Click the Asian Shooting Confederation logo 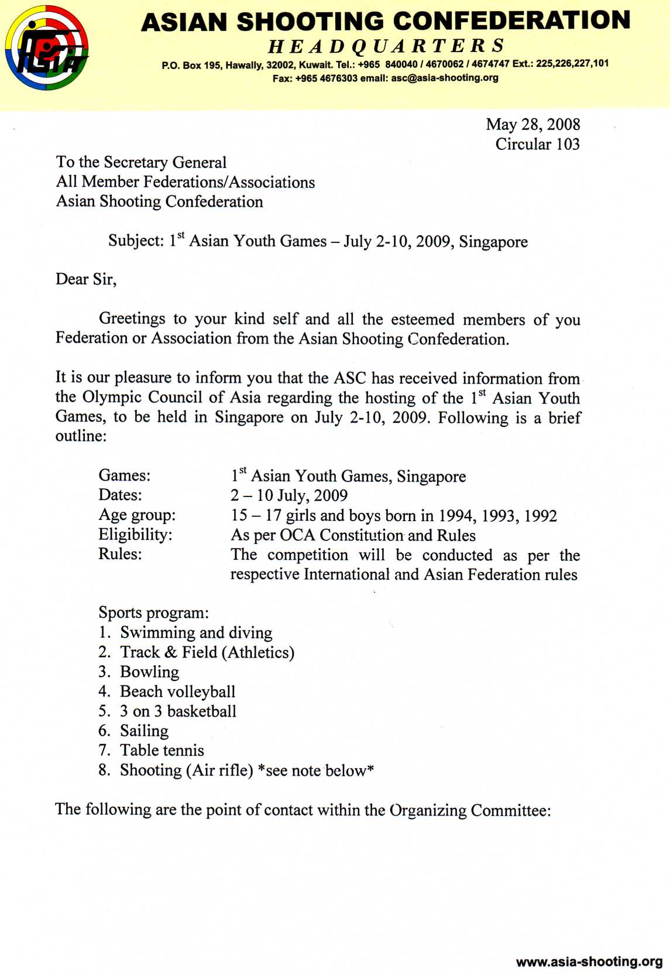pos(47,47)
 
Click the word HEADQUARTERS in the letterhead pos(386,46)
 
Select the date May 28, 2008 pos(532,124)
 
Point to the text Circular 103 pos(537,144)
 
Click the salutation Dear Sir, pos(86,279)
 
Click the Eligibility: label pos(135,535)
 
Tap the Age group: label pos(137,515)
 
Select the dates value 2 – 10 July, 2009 pos(289,496)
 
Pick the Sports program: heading pos(153,613)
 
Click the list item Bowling pos(150,672)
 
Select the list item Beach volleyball pos(178,692)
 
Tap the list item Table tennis pos(162,751)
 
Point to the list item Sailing pos(145,731)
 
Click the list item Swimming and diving pos(196,633)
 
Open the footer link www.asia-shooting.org pos(589,961)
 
